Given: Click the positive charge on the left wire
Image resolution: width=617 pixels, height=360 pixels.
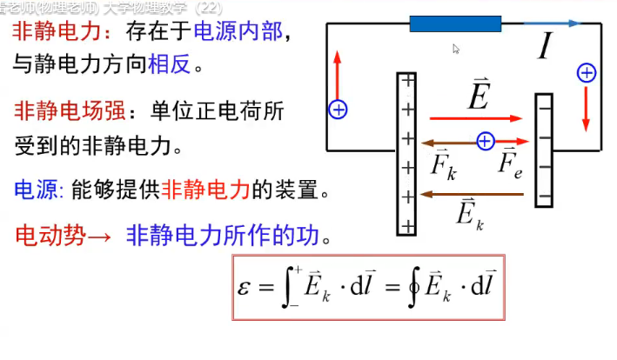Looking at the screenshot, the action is pyautogui.click(x=338, y=110).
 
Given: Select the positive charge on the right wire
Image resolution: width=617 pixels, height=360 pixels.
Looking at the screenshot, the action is pyautogui.click(x=587, y=73).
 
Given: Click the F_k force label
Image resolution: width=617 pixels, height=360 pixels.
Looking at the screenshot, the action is pyautogui.click(x=444, y=165).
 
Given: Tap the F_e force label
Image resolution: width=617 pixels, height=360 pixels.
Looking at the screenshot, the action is pyautogui.click(x=511, y=165).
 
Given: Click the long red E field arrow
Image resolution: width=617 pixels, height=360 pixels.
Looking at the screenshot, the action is pyautogui.click(x=475, y=118).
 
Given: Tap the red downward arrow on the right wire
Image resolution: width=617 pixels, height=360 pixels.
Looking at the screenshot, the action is pyautogui.click(x=587, y=108).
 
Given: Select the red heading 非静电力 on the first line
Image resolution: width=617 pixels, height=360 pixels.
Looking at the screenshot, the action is pyautogui.click(x=55, y=33).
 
